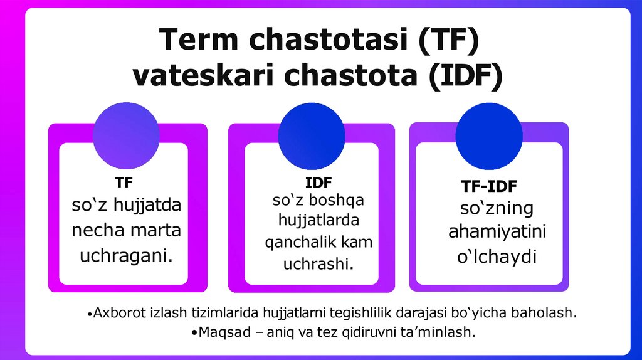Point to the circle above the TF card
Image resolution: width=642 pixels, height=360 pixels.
[x=126, y=136]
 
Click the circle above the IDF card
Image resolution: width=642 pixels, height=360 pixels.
[x=312, y=136]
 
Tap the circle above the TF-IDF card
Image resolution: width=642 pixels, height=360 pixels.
[x=490, y=136]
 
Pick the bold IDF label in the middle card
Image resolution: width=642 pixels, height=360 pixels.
[x=318, y=183]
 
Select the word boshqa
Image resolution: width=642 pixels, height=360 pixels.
[x=339, y=201]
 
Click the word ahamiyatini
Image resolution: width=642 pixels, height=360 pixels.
[x=497, y=232]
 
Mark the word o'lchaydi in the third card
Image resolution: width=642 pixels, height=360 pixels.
[x=497, y=257]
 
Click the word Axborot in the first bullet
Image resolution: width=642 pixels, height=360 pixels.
[x=115, y=312]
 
